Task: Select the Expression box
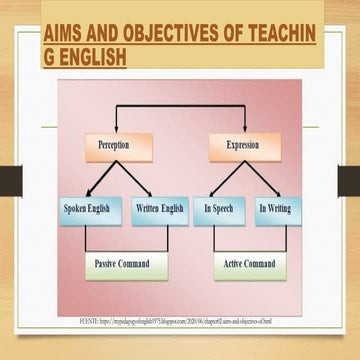(x=244, y=147)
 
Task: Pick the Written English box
(x=158, y=210)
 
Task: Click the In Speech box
(x=219, y=210)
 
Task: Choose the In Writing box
(x=276, y=210)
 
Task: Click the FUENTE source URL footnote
(x=180, y=321)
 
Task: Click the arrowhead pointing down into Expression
(x=244, y=129)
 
